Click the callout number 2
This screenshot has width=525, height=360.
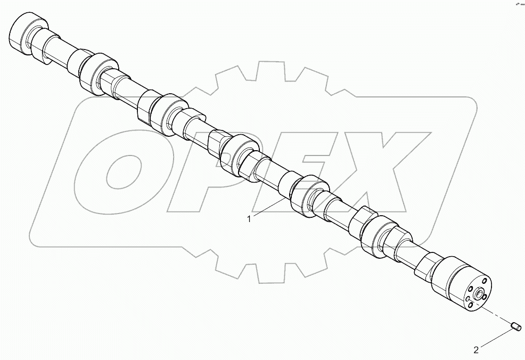coord(476,350)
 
